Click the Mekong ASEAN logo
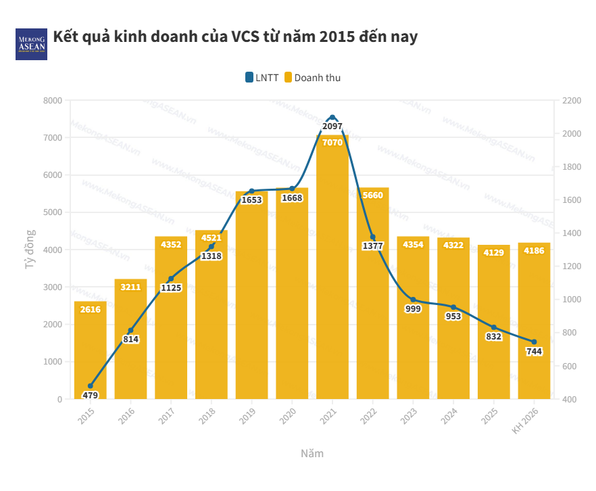pyautogui.click(x=31, y=44)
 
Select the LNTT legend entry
pyautogui.click(x=262, y=78)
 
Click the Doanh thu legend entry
pyautogui.click(x=312, y=78)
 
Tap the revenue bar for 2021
pyautogui.click(x=332, y=271)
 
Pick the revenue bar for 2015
pyautogui.click(x=90, y=352)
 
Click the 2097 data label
pyautogui.click(x=332, y=126)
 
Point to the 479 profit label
pyautogui.click(x=90, y=395)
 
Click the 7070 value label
pyautogui.click(x=332, y=143)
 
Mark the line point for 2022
pyautogui.click(x=372, y=237)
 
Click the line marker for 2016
pyautogui.click(x=130, y=331)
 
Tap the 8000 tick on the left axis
pyautogui.click(x=51, y=101)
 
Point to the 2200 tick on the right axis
pyautogui.click(x=572, y=101)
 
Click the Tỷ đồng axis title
pyautogui.click(x=30, y=250)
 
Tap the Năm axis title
pyautogui.click(x=312, y=453)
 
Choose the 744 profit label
pyautogui.click(x=534, y=352)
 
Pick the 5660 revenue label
pyautogui.click(x=372, y=195)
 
